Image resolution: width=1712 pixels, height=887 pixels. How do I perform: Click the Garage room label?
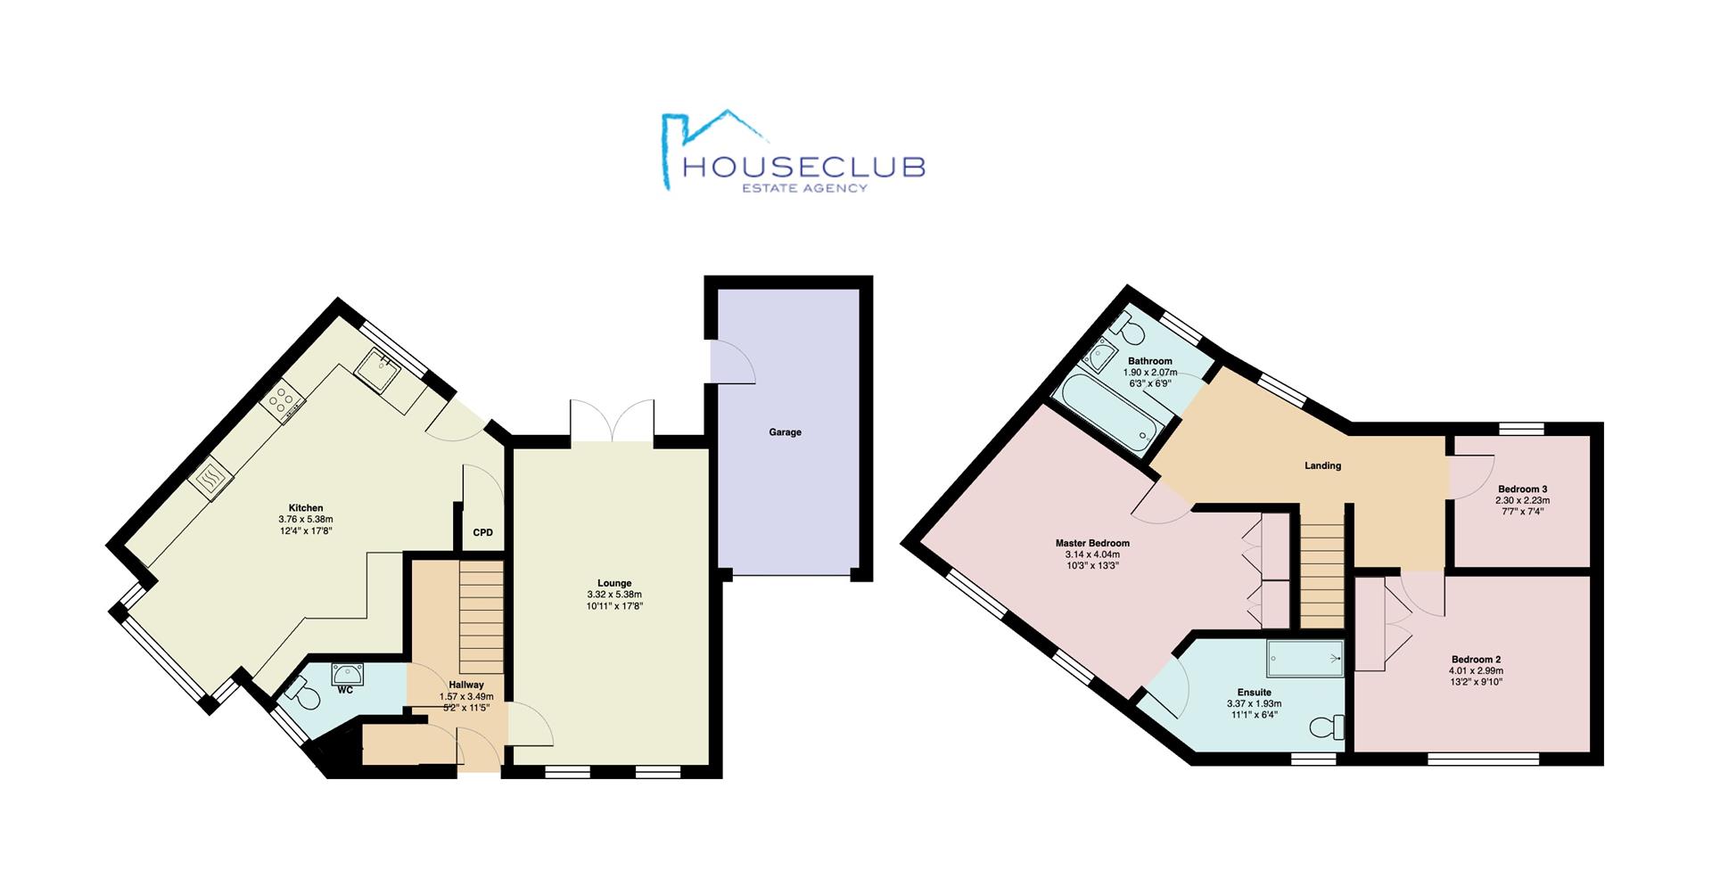pos(785,432)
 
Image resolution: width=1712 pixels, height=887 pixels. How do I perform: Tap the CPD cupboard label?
pos(482,533)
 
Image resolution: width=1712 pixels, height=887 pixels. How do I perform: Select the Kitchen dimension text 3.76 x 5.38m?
pos(305,520)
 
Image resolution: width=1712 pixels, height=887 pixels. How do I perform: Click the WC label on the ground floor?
pos(345,690)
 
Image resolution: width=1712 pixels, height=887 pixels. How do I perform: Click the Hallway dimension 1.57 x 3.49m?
pos(466,697)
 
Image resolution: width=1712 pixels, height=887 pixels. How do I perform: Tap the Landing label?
pos(1322,465)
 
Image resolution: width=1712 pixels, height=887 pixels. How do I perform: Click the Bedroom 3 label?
pos(1522,489)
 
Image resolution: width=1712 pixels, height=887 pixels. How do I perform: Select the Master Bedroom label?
pos(1092,543)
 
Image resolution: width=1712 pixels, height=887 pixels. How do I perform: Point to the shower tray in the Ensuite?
pos(1305,658)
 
